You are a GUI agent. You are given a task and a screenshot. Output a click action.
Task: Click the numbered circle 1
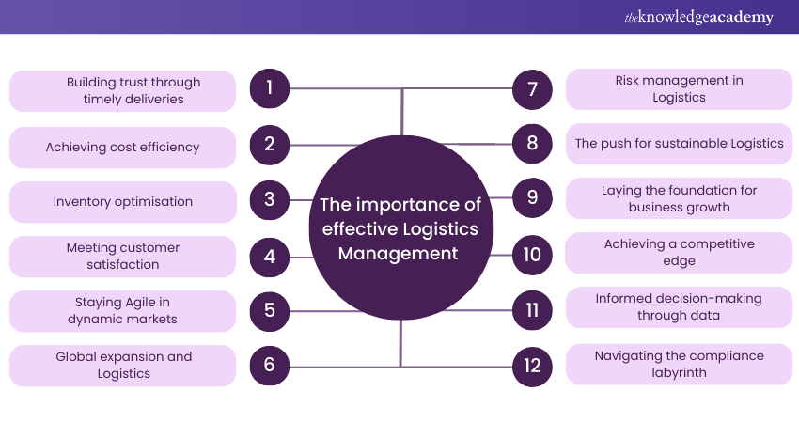[269, 89]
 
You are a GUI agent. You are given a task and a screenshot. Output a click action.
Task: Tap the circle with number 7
[532, 89]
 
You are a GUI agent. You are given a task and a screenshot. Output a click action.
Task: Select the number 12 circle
[532, 365]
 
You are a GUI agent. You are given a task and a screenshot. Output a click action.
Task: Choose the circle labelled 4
[269, 256]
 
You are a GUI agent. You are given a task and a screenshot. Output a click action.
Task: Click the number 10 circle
[532, 254]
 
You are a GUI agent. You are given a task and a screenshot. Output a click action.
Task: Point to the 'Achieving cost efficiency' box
[122, 147]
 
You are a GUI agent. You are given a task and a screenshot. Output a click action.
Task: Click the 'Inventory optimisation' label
[122, 201]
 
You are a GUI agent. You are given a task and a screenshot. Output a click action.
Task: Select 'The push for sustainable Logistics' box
[679, 144]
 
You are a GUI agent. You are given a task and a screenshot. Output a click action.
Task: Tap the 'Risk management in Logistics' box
[679, 89]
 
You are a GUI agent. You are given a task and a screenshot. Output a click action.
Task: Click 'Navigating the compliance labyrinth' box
[679, 364]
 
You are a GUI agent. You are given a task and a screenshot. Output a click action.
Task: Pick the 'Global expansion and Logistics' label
[122, 365]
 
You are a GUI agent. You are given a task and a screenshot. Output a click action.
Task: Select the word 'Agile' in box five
[149, 303]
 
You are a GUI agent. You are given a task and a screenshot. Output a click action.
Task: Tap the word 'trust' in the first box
[135, 82]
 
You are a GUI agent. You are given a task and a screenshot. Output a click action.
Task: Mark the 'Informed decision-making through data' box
[679, 307]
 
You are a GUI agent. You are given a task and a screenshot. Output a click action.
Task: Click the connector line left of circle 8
[470, 144]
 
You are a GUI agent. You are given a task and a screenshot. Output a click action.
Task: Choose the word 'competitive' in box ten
[717, 243]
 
